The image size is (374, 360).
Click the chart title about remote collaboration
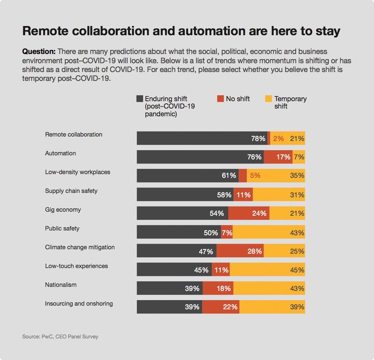click(x=181, y=31)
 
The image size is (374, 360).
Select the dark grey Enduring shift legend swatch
click(x=139, y=99)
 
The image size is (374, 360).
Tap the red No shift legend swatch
click(x=220, y=99)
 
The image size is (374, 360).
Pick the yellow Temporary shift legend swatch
click(x=268, y=99)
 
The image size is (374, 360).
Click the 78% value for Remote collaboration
click(x=258, y=139)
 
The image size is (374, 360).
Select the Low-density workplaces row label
click(x=78, y=172)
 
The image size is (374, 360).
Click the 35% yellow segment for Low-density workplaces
click(x=276, y=176)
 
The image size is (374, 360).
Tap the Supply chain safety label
click(x=71, y=191)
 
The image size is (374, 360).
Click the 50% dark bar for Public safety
click(x=179, y=232)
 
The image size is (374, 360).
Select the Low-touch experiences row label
click(x=76, y=266)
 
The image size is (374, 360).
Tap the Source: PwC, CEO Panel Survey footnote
click(x=60, y=336)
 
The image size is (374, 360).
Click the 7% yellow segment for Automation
click(x=299, y=157)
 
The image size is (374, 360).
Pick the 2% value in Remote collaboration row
click(x=278, y=139)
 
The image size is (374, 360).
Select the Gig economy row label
click(x=63, y=210)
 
